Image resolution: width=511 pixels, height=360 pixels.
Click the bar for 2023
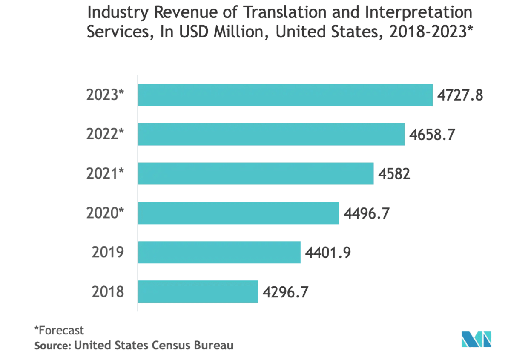(285, 95)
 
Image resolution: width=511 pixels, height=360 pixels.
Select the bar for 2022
(271, 134)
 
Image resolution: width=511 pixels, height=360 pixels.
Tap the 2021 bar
(255, 173)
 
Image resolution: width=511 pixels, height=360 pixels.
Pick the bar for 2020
(238, 213)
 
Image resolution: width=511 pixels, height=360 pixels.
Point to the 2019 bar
(219, 252)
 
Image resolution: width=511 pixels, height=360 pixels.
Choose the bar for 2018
(198, 292)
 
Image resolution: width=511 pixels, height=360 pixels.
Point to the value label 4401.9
(328, 253)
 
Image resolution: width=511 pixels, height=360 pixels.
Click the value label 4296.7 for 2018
(286, 292)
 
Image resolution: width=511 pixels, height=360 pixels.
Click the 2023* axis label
(105, 95)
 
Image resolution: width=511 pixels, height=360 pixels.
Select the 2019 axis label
(108, 253)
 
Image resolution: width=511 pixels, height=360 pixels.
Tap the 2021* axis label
(105, 174)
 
